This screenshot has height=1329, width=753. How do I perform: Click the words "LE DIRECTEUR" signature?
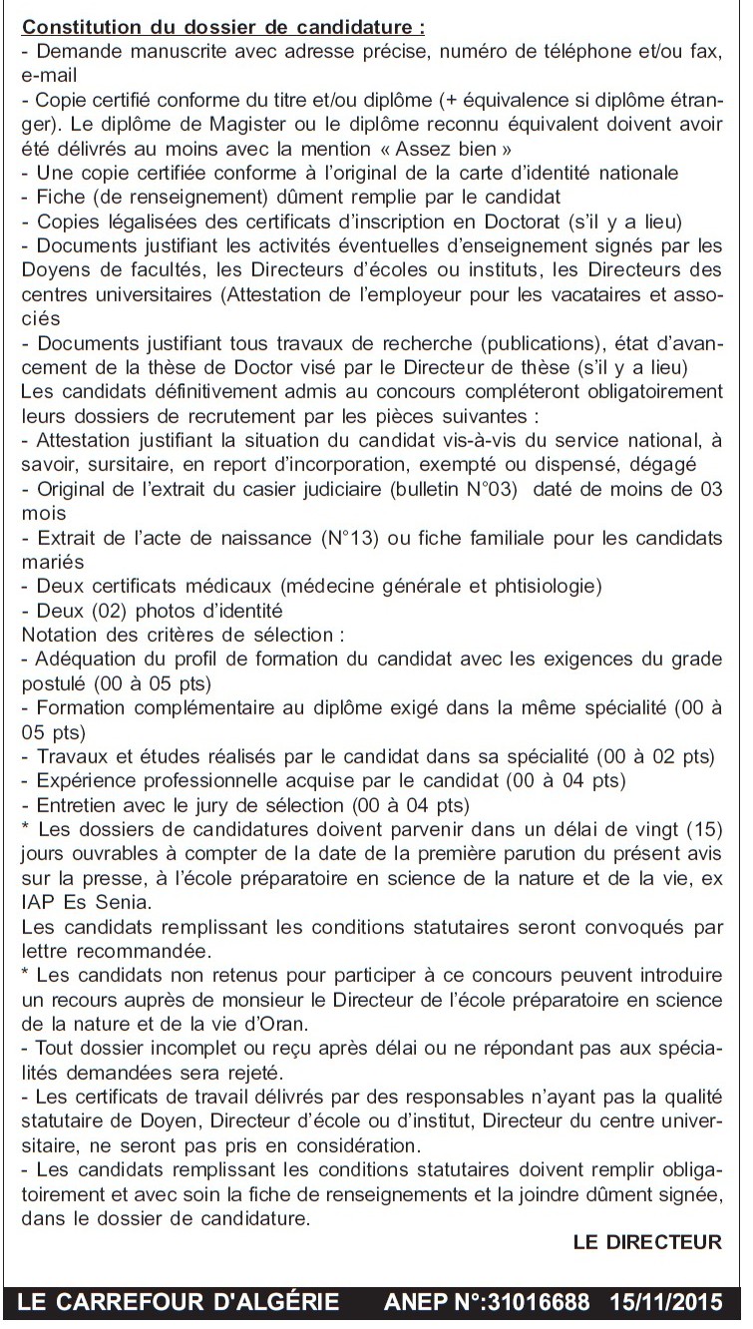(x=647, y=1241)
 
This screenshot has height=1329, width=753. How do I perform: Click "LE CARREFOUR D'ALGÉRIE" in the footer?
(x=180, y=1303)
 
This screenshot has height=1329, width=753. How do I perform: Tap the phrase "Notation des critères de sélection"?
(x=180, y=634)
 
